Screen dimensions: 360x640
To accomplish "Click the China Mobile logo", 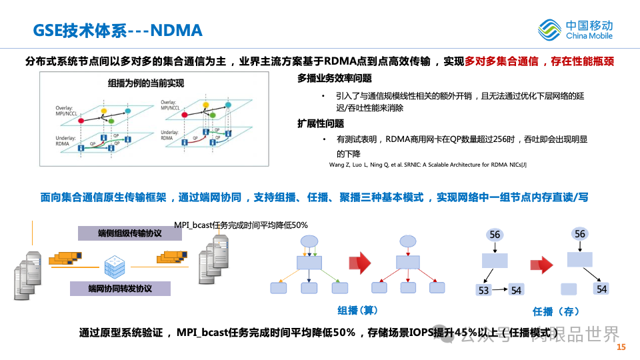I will [x=575, y=29].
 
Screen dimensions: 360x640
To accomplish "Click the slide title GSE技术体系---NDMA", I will [x=118, y=31].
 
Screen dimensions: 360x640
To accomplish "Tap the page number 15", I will [x=621, y=347].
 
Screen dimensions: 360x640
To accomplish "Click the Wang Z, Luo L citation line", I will [x=428, y=165].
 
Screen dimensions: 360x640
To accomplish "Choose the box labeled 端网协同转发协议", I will [x=120, y=289].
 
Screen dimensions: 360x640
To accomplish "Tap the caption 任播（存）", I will [x=555, y=311].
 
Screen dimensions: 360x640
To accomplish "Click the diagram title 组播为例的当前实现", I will [x=145, y=83].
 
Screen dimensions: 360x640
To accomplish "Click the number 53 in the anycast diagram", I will [x=484, y=290].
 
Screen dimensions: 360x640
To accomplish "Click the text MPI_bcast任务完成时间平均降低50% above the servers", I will [x=241, y=225].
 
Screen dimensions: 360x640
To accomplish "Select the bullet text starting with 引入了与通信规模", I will [x=461, y=101].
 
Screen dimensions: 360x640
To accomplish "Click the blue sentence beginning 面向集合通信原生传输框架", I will [x=313, y=198].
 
